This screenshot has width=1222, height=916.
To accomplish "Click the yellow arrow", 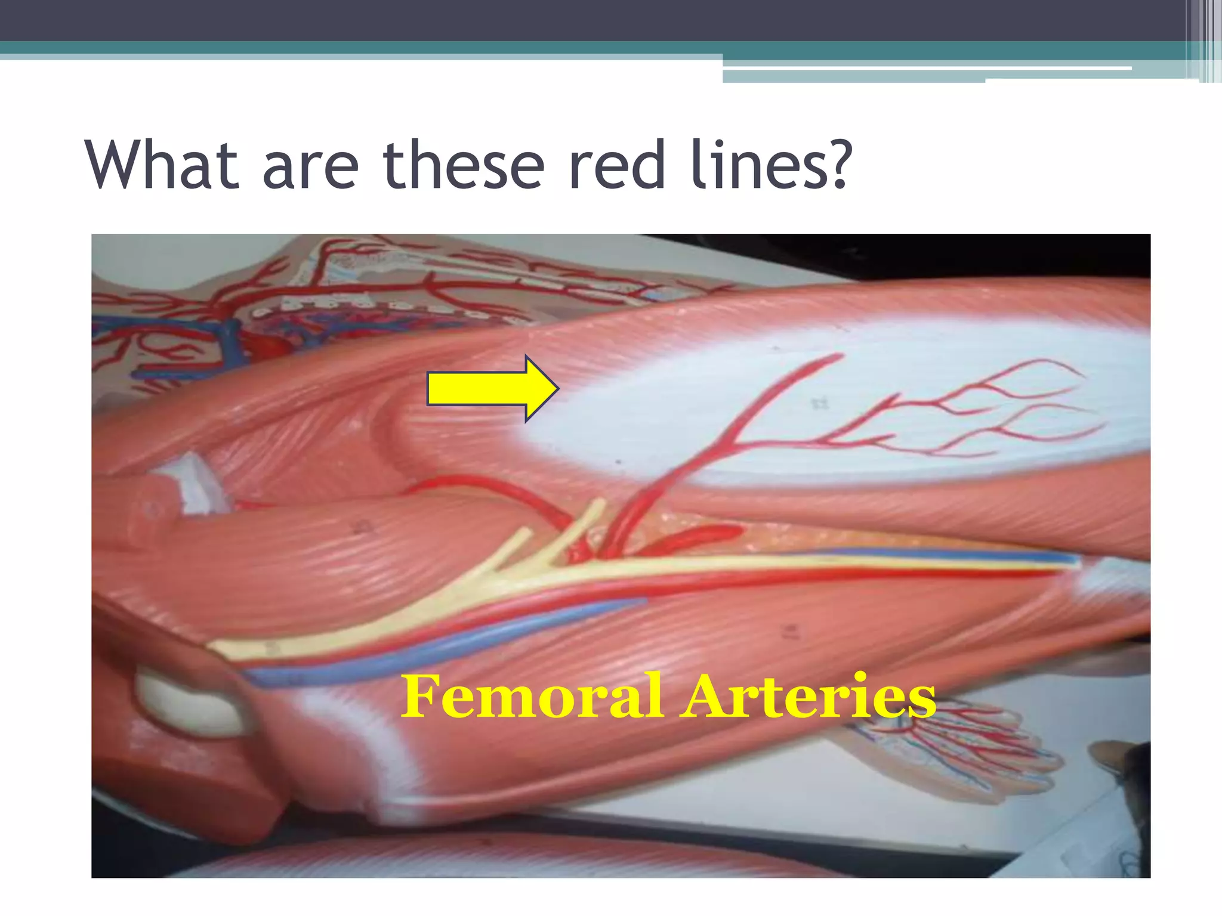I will tap(493, 388).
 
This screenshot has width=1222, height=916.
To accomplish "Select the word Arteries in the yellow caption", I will tap(810, 696).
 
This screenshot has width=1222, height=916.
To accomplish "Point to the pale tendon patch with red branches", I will tap(835, 406).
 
